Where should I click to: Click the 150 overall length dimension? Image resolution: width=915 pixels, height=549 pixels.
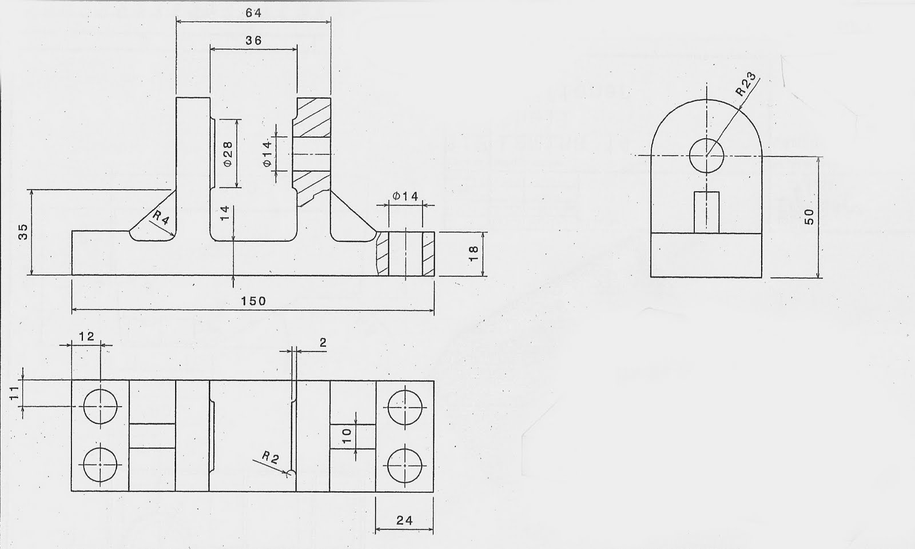click(253, 301)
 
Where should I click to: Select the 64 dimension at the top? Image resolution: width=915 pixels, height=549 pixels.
click(254, 13)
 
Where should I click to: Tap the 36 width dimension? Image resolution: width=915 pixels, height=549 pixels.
click(253, 41)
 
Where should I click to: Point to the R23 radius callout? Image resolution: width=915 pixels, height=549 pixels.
click(746, 84)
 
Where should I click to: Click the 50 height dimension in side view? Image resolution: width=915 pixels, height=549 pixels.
click(809, 217)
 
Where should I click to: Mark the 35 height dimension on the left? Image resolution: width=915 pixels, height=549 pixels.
click(23, 231)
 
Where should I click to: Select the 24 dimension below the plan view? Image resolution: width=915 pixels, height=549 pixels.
click(404, 520)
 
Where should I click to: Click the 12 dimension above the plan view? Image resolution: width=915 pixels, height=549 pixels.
click(86, 336)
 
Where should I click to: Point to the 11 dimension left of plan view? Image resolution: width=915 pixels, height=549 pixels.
click(14, 392)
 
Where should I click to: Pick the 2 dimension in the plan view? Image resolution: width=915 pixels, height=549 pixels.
click(323, 343)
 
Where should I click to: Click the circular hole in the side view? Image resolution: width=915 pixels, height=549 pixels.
click(707, 155)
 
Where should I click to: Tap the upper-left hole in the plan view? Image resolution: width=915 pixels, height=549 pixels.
click(100, 407)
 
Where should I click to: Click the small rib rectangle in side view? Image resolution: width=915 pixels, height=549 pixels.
click(707, 213)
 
